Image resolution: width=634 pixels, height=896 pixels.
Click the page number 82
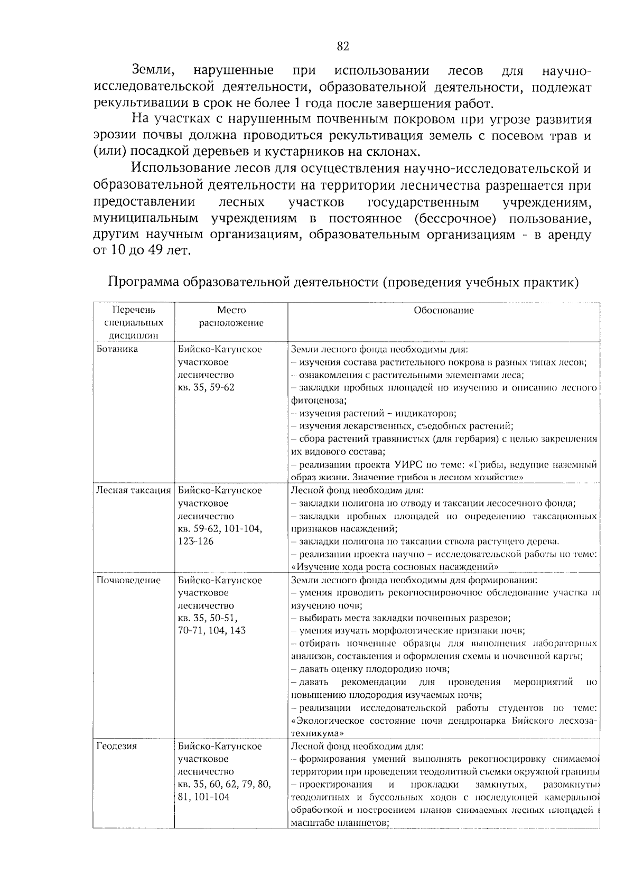[343, 46]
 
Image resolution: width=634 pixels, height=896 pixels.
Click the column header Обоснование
[443, 311]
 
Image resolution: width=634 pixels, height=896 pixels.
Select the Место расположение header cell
[231, 316]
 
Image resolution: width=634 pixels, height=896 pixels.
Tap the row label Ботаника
[117, 349]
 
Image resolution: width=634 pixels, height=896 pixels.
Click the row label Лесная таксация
[133, 490]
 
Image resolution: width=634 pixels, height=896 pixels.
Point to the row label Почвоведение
[128, 580]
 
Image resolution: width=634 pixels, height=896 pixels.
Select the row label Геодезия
[116, 746]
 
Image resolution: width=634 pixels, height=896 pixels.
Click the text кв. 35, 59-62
[206, 387]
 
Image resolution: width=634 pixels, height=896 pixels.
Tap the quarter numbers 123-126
[196, 541]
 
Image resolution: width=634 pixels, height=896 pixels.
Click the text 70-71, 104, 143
[212, 630]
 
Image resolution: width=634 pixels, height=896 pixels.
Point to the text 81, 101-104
[204, 797]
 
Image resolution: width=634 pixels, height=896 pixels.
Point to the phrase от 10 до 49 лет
[141, 250]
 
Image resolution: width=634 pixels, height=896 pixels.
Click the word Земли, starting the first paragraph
[153, 70]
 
